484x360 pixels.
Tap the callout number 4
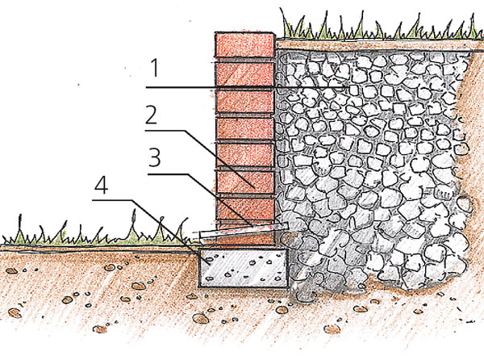tap(102, 187)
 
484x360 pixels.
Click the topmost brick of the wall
tap(244, 45)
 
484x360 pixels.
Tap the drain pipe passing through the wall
tap(242, 232)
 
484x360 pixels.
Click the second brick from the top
tap(244, 73)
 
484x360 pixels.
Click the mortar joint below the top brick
tap(244, 58)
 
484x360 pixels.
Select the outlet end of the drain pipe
tap(198, 237)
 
